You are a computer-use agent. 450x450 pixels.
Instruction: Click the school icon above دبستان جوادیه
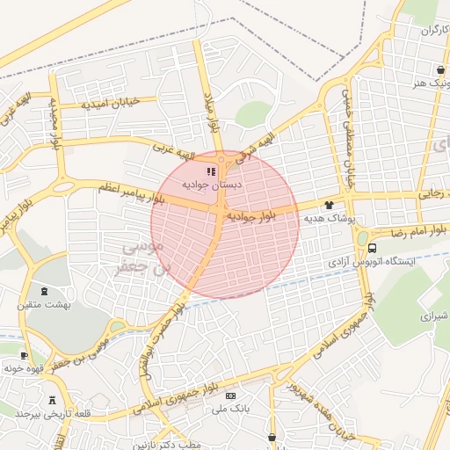[210, 172]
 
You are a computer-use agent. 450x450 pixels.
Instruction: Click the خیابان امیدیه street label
[111, 103]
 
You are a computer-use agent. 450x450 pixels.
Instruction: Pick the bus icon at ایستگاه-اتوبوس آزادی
[373, 248]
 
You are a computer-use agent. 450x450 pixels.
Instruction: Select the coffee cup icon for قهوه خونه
[24, 356]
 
